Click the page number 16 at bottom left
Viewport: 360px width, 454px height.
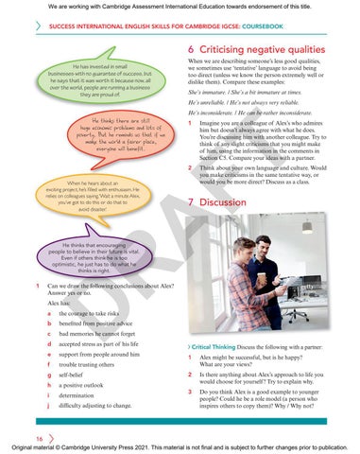[x=39, y=439]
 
